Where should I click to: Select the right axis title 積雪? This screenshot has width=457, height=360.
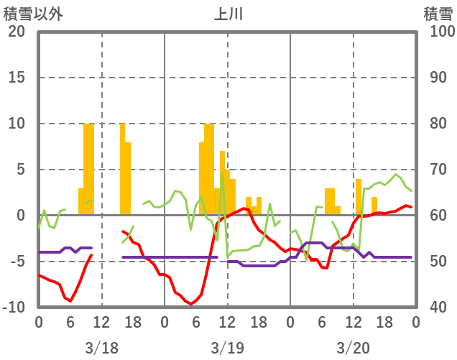(437, 13)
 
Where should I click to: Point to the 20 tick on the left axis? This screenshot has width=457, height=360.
(16, 32)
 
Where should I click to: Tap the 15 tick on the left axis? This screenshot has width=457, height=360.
(16, 78)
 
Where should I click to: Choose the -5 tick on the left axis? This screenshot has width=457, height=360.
(16, 262)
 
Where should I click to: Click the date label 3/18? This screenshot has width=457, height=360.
(101, 348)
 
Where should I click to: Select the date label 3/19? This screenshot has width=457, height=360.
(227, 348)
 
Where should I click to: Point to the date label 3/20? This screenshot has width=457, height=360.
(353, 348)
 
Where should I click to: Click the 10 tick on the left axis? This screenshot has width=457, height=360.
(16, 124)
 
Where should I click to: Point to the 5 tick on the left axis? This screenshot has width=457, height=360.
(19, 170)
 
